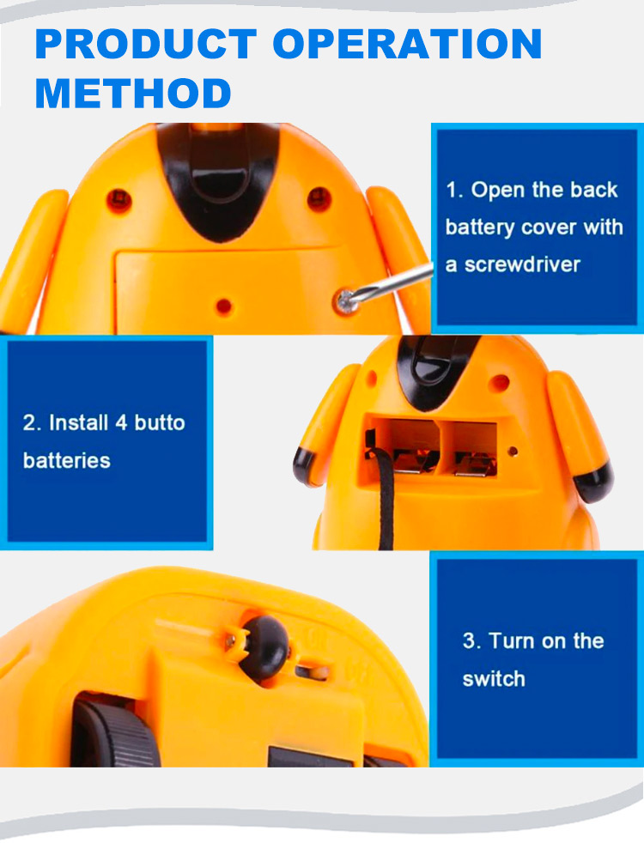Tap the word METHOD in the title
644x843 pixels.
tap(133, 93)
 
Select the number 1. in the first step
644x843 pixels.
tap(454, 190)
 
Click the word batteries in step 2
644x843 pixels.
tap(67, 460)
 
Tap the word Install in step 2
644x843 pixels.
tap(79, 422)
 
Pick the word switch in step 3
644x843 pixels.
tap(494, 678)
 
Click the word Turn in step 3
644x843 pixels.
tap(512, 640)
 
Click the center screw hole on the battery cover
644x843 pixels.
tap(224, 305)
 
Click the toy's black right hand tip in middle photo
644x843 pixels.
tap(594, 481)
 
